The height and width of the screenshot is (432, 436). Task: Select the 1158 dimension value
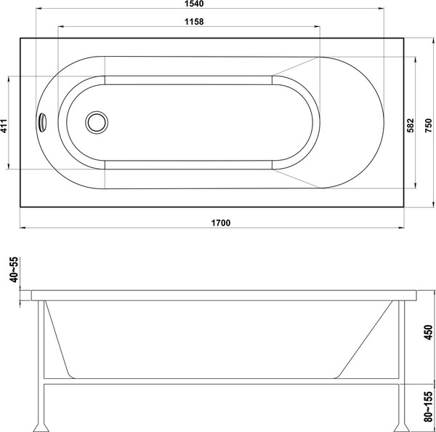click(188, 21)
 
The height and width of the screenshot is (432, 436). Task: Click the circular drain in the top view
click(95, 122)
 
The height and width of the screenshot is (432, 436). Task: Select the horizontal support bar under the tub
click(218, 381)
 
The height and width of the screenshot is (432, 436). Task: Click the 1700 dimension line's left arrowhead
click(22, 228)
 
